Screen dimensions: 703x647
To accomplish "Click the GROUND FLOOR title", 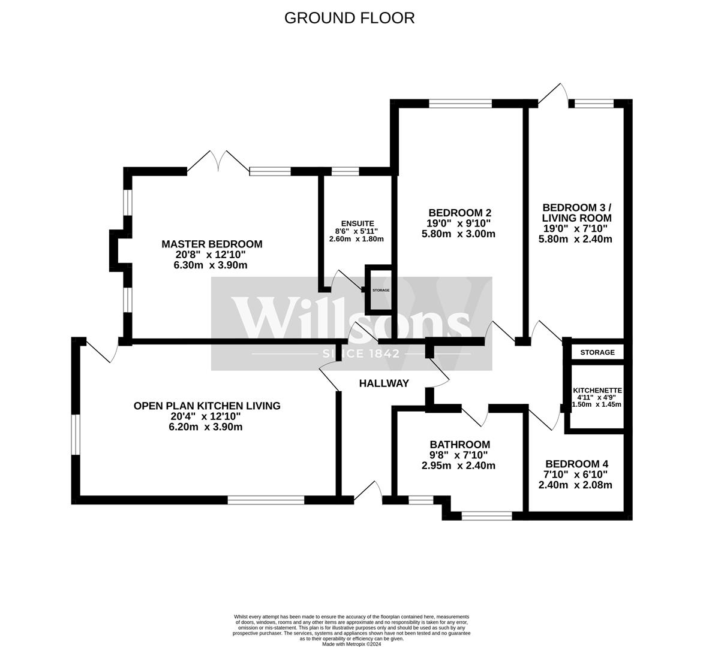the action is (x=349, y=18).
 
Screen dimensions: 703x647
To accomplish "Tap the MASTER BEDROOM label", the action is (x=212, y=244).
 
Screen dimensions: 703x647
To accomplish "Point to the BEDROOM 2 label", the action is (x=460, y=212).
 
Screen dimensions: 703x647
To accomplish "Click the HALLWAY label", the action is (x=384, y=383).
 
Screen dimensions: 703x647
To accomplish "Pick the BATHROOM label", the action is (x=460, y=445).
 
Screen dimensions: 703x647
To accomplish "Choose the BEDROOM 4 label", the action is (x=576, y=464).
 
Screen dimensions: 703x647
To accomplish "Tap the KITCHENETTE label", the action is (x=597, y=391).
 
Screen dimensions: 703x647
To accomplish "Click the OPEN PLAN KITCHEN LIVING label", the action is (x=207, y=406).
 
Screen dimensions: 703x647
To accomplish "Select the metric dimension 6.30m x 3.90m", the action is (x=208, y=265).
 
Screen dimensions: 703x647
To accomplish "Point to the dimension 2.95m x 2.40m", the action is (x=459, y=465).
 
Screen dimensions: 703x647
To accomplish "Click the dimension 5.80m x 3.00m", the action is (x=459, y=234).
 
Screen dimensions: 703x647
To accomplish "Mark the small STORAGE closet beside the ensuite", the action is (x=379, y=290).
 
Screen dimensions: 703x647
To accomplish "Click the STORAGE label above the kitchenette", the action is (x=597, y=352).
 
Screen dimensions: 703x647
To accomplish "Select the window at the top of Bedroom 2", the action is (x=461, y=104).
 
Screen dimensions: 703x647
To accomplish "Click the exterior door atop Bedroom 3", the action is (x=554, y=95).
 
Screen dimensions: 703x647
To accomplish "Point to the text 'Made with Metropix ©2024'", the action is (x=351, y=644).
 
